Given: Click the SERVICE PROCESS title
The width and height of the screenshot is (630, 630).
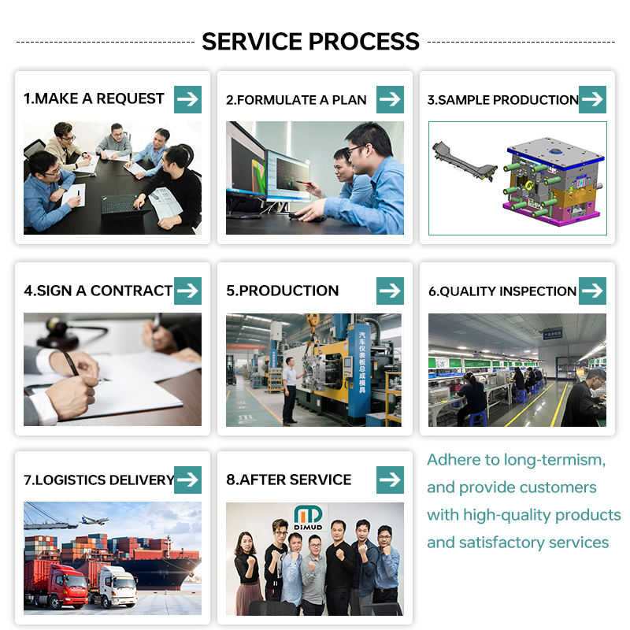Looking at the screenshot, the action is pos(310,41).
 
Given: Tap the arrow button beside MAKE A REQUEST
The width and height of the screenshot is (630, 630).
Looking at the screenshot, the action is pos(187,99).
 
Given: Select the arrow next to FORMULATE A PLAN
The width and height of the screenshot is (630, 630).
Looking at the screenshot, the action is pos(390,99).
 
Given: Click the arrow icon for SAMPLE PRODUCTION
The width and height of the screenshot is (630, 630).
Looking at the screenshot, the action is pos(592,99).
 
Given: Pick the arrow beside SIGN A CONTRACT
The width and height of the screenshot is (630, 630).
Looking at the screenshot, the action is pos(187,291).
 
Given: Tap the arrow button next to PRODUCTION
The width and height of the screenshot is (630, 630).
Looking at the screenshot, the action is pos(390,291).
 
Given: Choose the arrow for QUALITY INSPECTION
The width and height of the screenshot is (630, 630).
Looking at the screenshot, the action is pos(592,291).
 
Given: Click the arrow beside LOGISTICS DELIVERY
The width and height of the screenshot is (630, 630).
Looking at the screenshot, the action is pos(187,480).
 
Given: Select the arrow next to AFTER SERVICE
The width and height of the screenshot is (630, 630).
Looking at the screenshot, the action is pos(390,480).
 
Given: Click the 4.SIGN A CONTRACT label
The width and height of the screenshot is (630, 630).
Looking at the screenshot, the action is pos(98,291).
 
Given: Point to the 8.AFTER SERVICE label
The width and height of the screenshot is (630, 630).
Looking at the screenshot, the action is pos(288,480).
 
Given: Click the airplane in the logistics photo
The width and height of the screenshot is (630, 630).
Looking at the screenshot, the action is pos(94,521).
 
